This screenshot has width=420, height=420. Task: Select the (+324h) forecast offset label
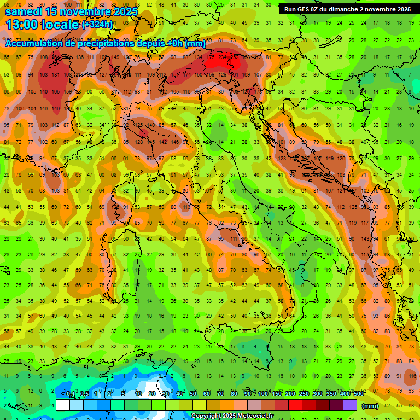pos(97,25)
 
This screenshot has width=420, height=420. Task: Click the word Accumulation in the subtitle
pos(35,43)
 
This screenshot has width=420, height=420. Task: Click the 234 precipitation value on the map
pos(222,56)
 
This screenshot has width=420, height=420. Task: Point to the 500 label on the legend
pos(358,394)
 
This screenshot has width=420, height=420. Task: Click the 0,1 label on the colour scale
pos(71,394)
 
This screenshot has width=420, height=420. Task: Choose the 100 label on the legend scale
pos(262,394)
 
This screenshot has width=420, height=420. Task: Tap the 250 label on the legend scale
pos(304,394)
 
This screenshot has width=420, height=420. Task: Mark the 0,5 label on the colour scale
pos(85,394)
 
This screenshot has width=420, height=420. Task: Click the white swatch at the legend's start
pos(62,405)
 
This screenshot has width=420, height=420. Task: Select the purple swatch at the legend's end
pos(350,405)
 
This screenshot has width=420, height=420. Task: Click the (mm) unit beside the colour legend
pos(370,406)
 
